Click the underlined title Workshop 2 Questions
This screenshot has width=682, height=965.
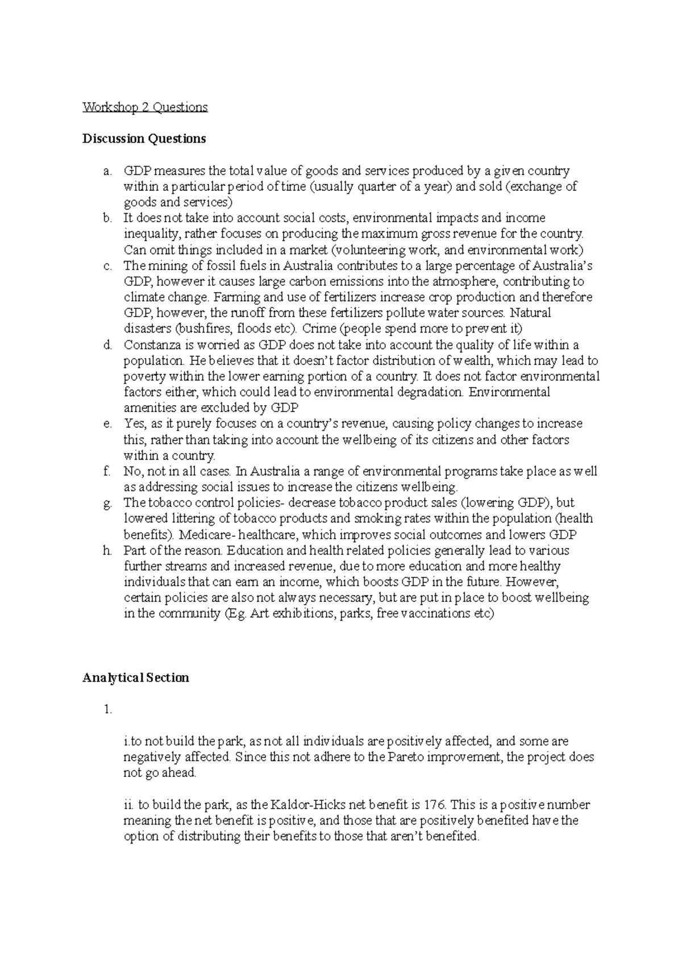click(x=145, y=107)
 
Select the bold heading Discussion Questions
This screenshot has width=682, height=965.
click(x=144, y=139)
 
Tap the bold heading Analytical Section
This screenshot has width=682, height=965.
click(x=135, y=677)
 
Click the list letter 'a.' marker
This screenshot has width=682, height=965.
click(x=108, y=171)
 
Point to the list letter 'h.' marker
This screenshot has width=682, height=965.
click(x=108, y=550)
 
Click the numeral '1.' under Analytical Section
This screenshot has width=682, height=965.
click(x=108, y=709)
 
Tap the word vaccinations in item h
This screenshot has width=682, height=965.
click(x=436, y=614)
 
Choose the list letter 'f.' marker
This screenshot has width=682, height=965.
click(x=107, y=471)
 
